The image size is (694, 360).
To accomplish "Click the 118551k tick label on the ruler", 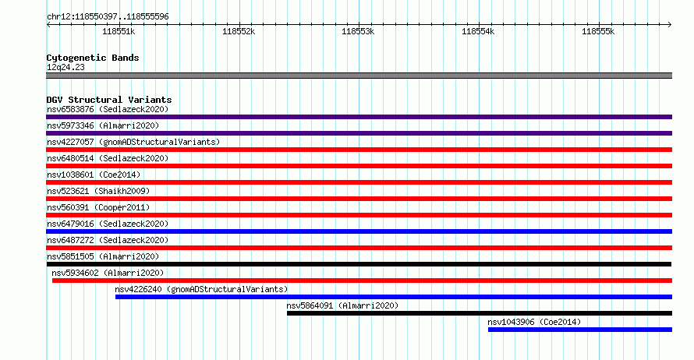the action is [x=119, y=31].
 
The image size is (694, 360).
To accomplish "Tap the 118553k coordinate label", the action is [x=358, y=31].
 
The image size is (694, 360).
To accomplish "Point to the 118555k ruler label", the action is [x=598, y=31].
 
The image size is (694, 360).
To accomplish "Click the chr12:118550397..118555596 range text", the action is [x=108, y=16].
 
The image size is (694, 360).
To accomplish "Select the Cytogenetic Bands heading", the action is [x=93, y=58].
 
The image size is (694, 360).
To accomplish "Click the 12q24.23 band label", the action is [x=66, y=67].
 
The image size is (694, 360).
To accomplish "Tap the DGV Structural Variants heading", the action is [x=109, y=100].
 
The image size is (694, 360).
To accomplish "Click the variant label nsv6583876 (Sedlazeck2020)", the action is [x=108, y=109].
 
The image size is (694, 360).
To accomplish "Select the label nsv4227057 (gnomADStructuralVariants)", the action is [x=133, y=142].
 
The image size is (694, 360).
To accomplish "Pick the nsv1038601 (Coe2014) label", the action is [x=94, y=175].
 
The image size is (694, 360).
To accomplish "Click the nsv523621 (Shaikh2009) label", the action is [x=98, y=191].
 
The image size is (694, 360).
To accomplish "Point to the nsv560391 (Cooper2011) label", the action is [x=98, y=207].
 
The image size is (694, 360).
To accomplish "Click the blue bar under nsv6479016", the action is [x=359, y=231].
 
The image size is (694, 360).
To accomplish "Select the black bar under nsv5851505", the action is [x=359, y=264].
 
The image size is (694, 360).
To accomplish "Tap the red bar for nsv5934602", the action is [x=362, y=281].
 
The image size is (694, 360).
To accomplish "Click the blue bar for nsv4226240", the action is [x=394, y=297].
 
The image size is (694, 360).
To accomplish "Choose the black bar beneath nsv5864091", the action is [x=480, y=313].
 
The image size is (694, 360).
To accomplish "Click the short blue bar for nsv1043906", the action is [x=580, y=330].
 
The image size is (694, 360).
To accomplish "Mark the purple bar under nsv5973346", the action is [x=359, y=133].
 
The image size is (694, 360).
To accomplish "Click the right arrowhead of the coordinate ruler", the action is [x=670, y=25].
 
